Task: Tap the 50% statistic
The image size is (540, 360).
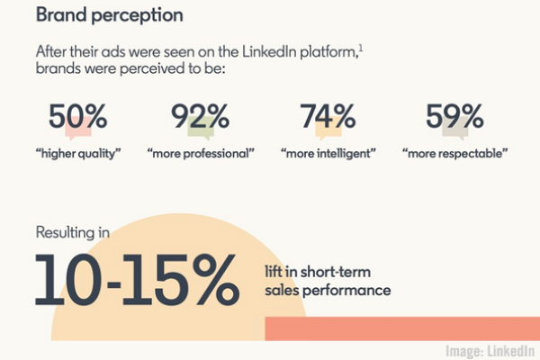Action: tap(78, 118)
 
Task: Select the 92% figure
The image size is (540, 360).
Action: tap(201, 118)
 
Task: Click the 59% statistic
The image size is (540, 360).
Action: tap(454, 118)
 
